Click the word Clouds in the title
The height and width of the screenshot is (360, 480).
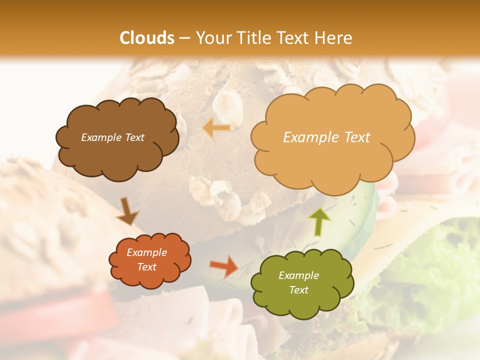coord(146,38)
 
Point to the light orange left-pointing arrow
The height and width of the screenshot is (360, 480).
coord(216,128)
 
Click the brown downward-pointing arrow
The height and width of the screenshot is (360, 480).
coord(127,211)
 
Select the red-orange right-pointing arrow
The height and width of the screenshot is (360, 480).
coord(224,266)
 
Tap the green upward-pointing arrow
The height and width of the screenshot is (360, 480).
coord(319,221)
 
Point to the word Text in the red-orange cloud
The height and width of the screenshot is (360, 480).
coord(147,267)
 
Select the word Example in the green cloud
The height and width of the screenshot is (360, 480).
coord(298,275)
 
